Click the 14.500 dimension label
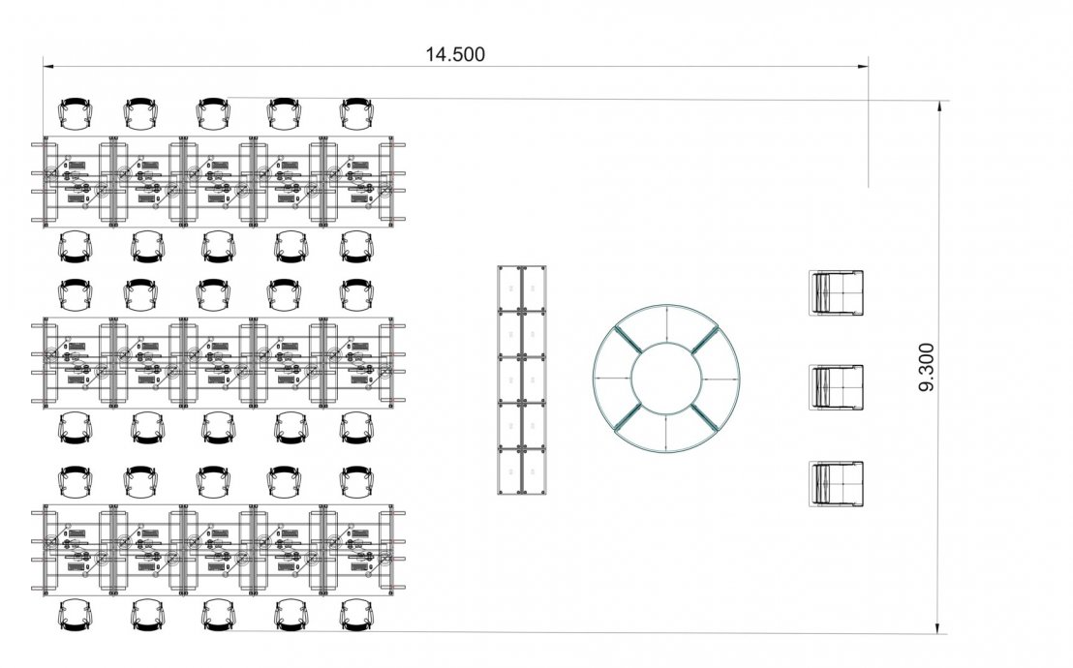pos(455,54)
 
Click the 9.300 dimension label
pos(926,368)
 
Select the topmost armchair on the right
pos(837,293)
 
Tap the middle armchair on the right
pos(837,387)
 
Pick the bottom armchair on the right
pos(837,484)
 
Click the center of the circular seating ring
pos(666,379)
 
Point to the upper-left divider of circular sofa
pos(627,340)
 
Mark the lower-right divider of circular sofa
pos(705,417)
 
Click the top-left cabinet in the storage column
pos(509,288)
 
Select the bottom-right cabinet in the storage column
pos(534,471)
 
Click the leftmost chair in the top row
pos(76,113)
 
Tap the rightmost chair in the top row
pos(356,113)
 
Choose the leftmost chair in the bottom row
pos(76,615)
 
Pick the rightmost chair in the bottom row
pos(356,615)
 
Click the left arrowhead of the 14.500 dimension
pos(47,67)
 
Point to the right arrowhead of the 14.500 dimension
pos(864,67)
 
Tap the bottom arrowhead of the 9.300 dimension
pos(939,628)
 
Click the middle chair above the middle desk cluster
pos(213,294)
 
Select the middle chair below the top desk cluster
pos(218,247)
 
